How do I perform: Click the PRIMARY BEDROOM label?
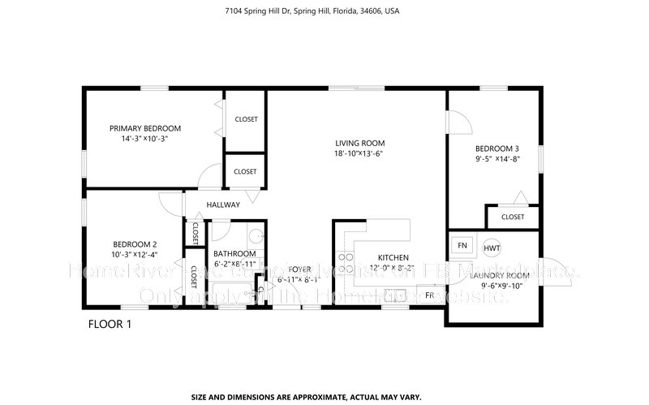[145, 128]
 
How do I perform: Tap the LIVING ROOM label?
[358, 143]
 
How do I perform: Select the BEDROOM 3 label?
[496, 149]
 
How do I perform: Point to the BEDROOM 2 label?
[135, 245]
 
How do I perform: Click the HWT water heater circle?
[492, 247]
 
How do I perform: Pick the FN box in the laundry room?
[462, 245]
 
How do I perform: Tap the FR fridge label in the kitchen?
[429, 295]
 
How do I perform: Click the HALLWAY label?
[223, 205]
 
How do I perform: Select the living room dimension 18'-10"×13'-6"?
[358, 153]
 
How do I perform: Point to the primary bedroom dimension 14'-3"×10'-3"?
[145, 139]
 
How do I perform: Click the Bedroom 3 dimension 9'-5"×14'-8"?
[496, 159]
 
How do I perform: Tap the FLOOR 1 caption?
[110, 325]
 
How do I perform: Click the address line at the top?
[324, 12]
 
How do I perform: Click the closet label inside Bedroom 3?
[513, 218]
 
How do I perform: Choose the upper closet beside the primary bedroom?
[246, 119]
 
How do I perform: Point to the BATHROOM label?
[234, 253]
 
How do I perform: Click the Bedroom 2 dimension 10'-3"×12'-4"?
[135, 256]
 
